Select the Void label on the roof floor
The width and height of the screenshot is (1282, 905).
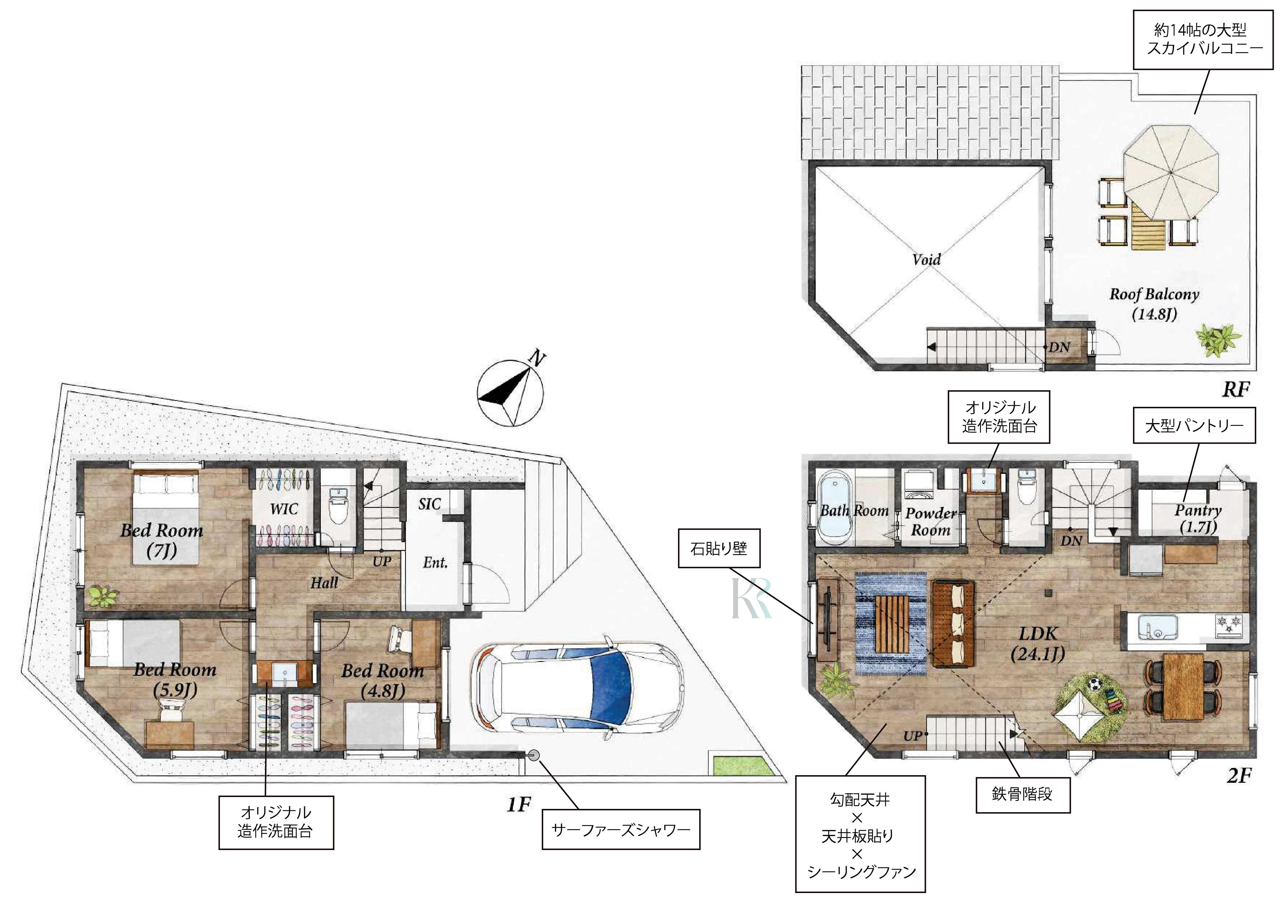tap(926, 259)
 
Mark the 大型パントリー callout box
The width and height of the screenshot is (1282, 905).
tap(1194, 426)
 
